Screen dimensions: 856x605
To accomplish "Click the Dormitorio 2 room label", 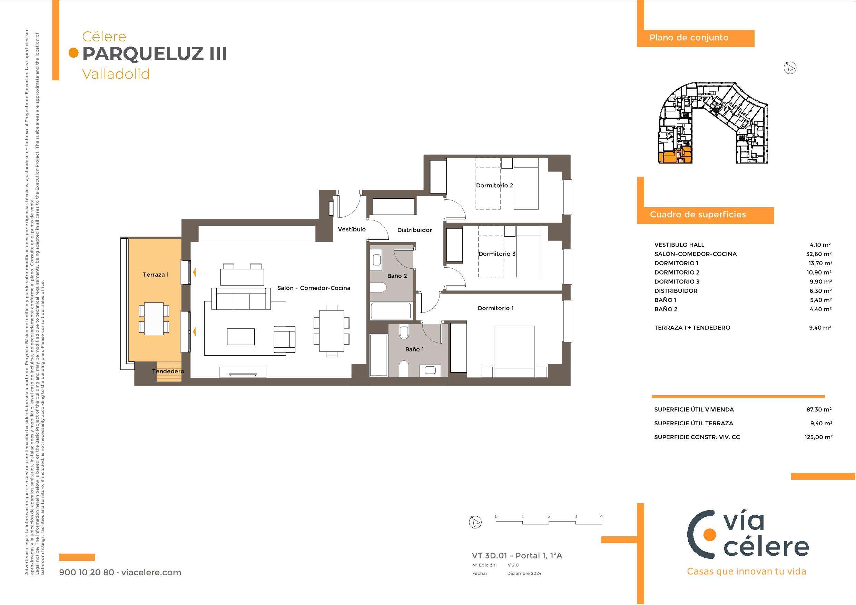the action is (x=494, y=185).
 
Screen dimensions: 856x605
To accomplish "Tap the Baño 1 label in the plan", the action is (x=415, y=349).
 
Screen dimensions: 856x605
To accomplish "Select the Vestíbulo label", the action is (x=352, y=229).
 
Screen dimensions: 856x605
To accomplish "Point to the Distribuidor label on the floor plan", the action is (x=414, y=230).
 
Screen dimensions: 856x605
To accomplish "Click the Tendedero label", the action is (x=168, y=371).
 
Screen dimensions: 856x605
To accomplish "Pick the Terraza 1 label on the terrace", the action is (x=156, y=275).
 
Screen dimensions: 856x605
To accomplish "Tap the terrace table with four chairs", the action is (x=154, y=318).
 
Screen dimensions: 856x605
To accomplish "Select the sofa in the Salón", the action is (x=241, y=299).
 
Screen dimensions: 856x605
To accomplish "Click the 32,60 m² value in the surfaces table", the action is (x=820, y=254).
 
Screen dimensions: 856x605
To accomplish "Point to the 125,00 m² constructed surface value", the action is (x=818, y=437).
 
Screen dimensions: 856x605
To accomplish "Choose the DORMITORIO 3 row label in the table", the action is (x=677, y=281).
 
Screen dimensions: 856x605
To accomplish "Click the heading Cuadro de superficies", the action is (x=698, y=214).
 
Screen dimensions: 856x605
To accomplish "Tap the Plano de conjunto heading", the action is (x=689, y=38).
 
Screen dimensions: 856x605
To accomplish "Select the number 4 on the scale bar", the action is (x=601, y=516).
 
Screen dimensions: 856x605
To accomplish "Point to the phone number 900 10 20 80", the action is (x=87, y=573).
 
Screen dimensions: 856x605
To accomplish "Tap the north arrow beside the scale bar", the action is (x=475, y=522).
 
